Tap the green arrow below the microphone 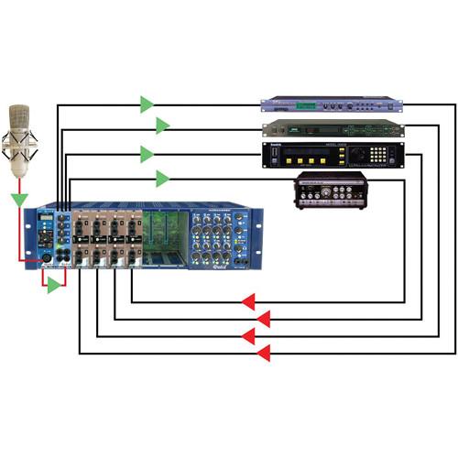19,199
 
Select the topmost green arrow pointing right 147,104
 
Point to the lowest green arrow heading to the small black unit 162,179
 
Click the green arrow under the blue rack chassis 54,287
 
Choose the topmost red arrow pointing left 247,302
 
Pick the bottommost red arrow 263,353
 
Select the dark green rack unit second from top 333,128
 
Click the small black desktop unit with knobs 330,190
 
